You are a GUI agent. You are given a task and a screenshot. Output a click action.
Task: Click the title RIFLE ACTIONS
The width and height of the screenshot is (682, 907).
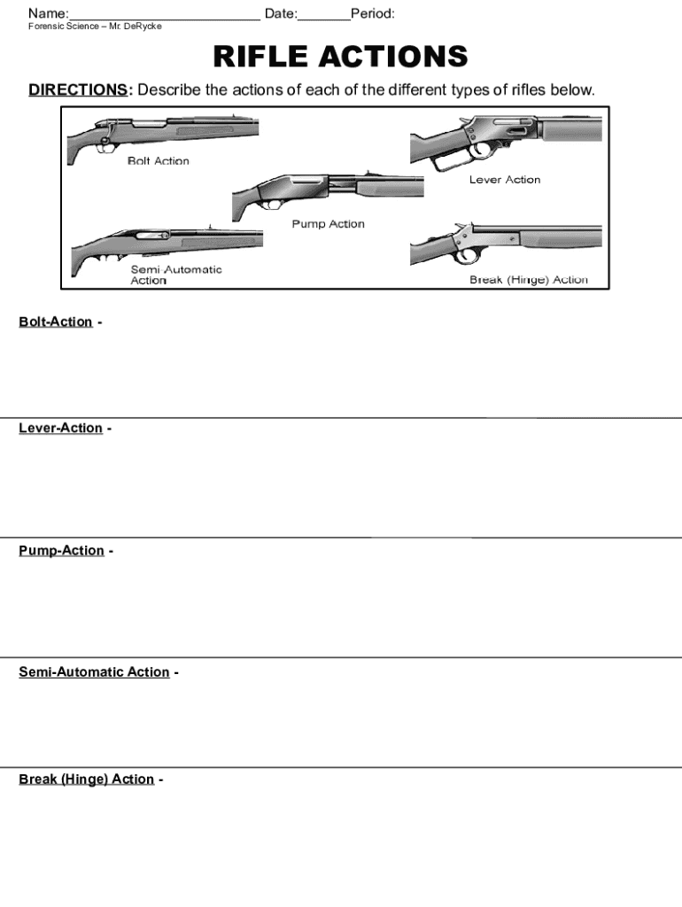(340, 58)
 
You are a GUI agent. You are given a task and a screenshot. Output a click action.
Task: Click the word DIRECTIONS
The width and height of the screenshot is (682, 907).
(78, 90)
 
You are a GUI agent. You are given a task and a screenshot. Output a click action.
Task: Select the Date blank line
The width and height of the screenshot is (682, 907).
(324, 15)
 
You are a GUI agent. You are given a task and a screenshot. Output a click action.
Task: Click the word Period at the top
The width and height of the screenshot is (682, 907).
(372, 14)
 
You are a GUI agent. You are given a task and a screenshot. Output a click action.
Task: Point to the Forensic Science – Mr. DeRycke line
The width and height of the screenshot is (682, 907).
(95, 27)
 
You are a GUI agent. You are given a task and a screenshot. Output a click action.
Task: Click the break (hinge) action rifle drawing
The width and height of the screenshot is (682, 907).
(505, 243)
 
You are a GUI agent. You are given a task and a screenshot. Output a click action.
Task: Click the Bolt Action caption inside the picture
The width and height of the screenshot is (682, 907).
(159, 161)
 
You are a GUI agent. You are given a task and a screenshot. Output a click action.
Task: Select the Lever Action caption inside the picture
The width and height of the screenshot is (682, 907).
(505, 180)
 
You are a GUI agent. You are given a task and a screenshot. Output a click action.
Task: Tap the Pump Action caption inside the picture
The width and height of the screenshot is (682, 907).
(328, 224)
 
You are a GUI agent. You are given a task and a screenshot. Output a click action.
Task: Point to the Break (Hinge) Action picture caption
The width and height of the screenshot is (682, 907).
(528, 280)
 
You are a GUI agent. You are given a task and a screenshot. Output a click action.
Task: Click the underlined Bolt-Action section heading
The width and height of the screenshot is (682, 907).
(56, 322)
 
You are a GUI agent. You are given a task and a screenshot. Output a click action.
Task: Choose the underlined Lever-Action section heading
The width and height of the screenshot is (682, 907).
(60, 428)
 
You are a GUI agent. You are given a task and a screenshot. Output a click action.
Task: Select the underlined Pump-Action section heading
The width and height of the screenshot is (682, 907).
(61, 550)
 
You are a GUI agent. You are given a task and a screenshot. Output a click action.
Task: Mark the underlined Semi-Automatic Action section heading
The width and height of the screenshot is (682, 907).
(94, 671)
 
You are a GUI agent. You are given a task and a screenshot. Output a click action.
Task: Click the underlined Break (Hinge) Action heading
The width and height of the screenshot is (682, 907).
(86, 779)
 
